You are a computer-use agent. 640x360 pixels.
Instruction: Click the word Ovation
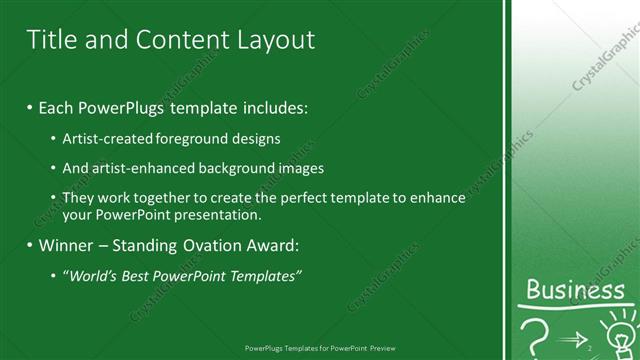212,245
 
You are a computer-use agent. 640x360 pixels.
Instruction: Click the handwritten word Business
575,291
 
